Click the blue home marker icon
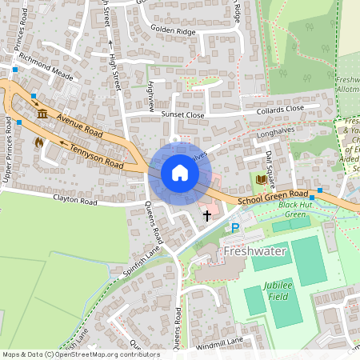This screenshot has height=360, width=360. [180, 173]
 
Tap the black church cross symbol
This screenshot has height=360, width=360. [207, 214]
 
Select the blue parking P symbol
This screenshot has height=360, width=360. [235, 229]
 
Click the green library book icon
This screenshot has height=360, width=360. [261, 178]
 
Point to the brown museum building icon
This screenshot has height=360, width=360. [42, 115]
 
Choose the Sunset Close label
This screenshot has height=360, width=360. [183, 114]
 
